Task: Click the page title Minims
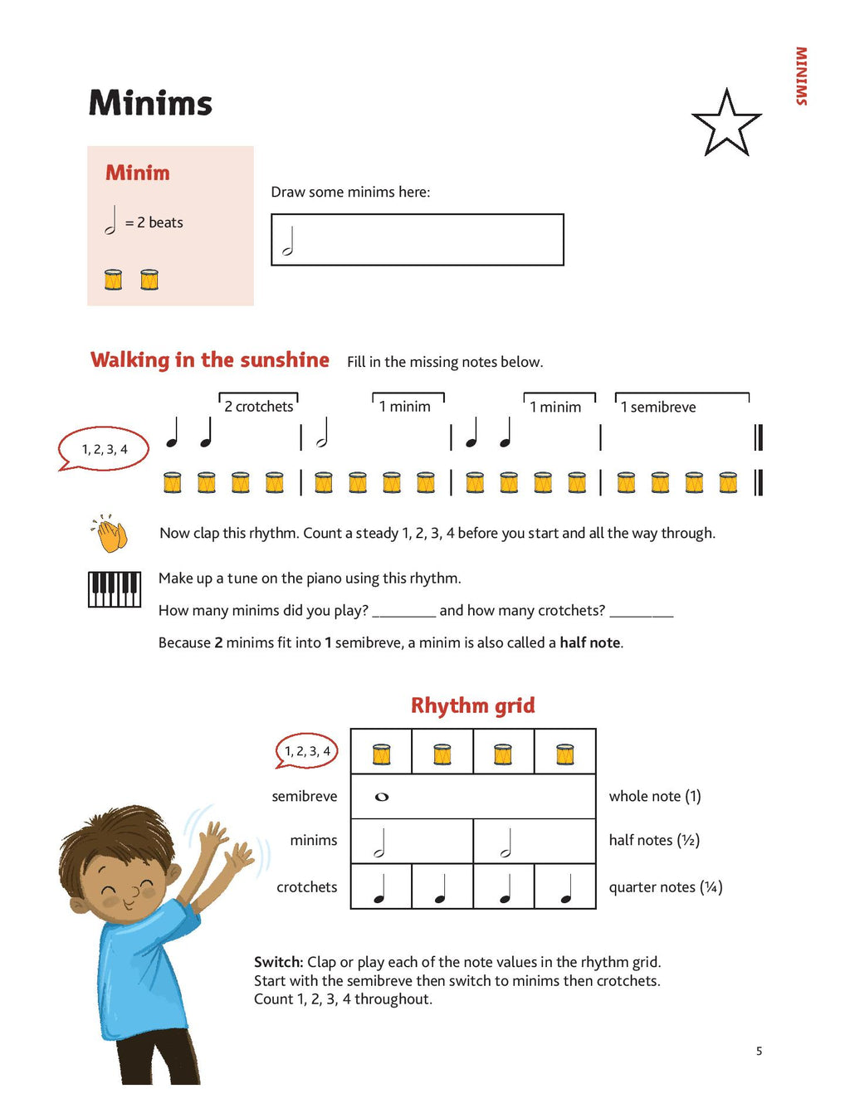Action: [x=150, y=103]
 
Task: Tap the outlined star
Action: [x=726, y=125]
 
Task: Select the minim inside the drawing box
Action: [x=288, y=242]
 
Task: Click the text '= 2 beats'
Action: [x=154, y=222]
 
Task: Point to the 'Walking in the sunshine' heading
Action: [x=209, y=359]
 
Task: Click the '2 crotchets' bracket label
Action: [x=258, y=406]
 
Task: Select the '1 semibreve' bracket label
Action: [x=658, y=407]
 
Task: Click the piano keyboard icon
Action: [x=115, y=589]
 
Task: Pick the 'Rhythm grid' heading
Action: [x=472, y=705]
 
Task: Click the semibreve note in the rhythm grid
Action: [x=382, y=797]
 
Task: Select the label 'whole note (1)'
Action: [x=655, y=796]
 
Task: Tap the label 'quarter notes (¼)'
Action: [x=665, y=887]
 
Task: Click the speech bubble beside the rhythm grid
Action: [x=307, y=751]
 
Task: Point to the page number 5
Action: [x=759, y=1051]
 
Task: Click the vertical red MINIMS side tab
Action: [x=801, y=76]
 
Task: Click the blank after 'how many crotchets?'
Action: [x=641, y=613]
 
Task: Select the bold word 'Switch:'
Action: [x=278, y=962]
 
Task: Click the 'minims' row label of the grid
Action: [x=313, y=840]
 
